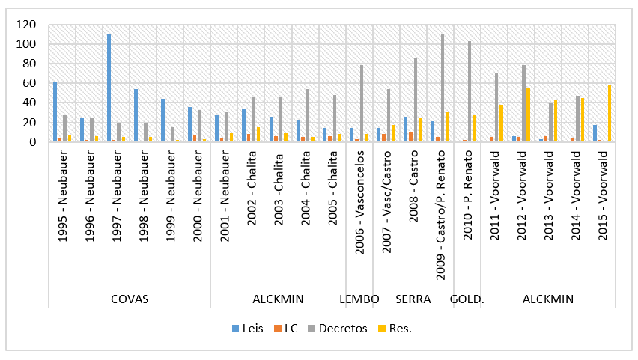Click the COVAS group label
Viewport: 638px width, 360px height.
(129, 299)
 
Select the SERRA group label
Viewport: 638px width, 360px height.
(413, 299)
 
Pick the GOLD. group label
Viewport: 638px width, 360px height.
(467, 299)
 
